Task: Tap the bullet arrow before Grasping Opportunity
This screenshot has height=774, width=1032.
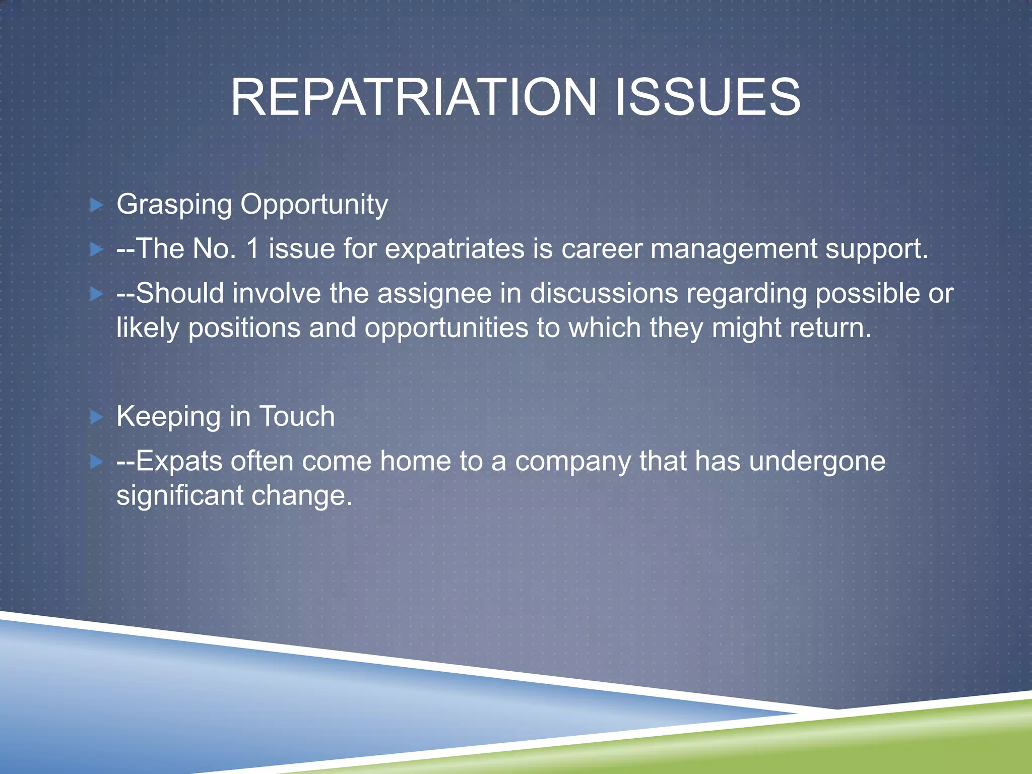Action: [x=96, y=205]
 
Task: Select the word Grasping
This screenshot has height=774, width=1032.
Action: [x=174, y=205]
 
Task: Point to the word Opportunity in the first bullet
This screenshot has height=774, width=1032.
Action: [x=314, y=205]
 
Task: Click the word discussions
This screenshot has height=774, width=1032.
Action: [x=604, y=293]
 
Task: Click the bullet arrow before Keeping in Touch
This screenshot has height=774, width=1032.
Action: [x=96, y=417]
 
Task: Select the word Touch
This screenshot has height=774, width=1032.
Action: [x=297, y=417]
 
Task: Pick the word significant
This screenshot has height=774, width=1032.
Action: [x=179, y=496]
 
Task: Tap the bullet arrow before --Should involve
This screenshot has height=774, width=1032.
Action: [x=96, y=294]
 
